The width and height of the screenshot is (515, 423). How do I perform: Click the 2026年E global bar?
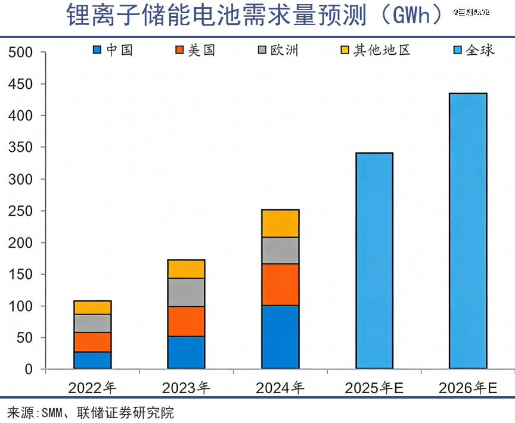coord(468,231)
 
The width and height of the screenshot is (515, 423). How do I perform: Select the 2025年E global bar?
coord(374,261)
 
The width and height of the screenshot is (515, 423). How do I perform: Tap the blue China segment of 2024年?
coord(280,337)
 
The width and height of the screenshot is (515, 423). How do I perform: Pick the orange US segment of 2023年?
coord(187,321)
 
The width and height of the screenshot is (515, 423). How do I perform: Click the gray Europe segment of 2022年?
coord(92,324)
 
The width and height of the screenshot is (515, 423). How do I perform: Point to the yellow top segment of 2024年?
coord(280,223)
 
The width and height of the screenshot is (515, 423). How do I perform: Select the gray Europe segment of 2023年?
coord(187,292)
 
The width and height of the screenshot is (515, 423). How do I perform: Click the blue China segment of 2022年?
coord(92,360)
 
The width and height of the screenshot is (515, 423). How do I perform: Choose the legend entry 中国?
coord(113,50)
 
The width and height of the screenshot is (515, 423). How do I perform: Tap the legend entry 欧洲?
coord(278,50)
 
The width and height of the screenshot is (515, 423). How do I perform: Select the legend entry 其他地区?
coord(376,50)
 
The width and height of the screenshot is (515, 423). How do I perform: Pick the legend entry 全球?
coord(474,50)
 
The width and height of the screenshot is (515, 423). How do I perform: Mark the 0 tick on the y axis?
coord(28,369)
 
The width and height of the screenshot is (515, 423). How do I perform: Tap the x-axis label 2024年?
coord(280,388)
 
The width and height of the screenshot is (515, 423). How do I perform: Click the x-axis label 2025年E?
coord(374,388)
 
